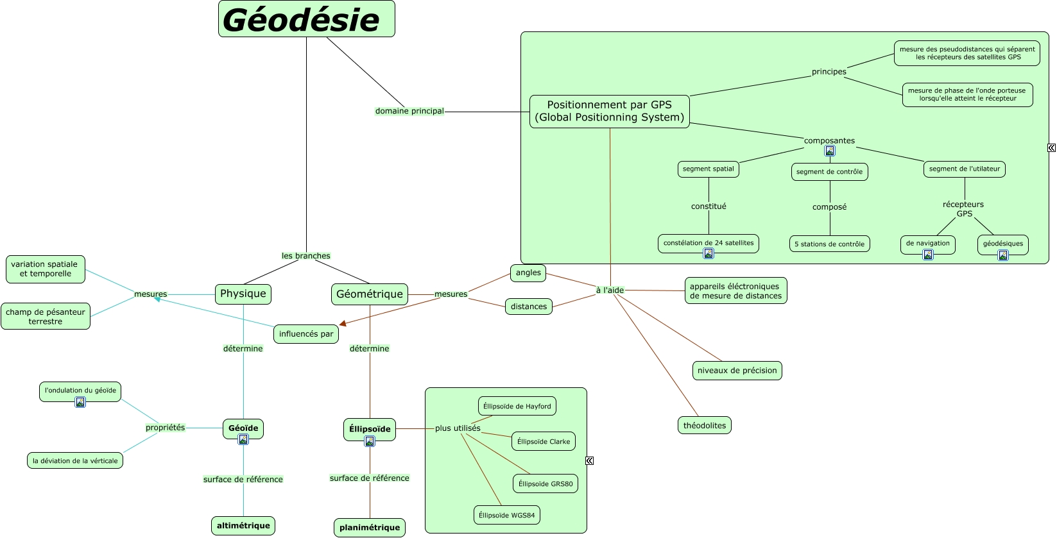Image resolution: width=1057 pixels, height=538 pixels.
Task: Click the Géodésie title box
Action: pyautogui.click(x=306, y=19)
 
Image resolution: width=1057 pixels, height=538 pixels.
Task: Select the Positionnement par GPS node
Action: pyautogui.click(x=609, y=112)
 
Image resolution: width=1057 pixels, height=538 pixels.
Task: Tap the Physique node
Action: pyautogui.click(x=243, y=294)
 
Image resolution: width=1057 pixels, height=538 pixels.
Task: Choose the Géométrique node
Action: pyautogui.click(x=369, y=294)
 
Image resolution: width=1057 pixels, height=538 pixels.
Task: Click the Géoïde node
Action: pyautogui.click(x=243, y=428)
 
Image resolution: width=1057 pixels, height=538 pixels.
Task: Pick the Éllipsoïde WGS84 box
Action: pyautogui.click(x=506, y=515)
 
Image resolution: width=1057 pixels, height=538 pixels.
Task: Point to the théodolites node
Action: pyautogui.click(x=704, y=425)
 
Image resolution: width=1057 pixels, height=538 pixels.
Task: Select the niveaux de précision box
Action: pyautogui.click(x=737, y=371)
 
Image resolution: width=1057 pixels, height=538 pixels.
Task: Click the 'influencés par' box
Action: pyautogui.click(x=306, y=334)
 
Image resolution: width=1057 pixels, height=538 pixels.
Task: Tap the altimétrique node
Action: pyautogui.click(x=243, y=526)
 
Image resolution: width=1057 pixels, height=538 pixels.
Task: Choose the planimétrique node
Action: pyautogui.click(x=369, y=528)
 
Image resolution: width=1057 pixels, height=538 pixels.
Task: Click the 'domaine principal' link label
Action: pyautogui.click(x=409, y=111)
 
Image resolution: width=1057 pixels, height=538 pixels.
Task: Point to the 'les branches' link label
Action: pyautogui.click(x=305, y=256)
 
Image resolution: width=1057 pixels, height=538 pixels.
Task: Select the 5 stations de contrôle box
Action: pyautogui.click(x=829, y=244)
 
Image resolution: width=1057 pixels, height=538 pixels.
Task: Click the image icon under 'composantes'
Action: pyautogui.click(x=830, y=151)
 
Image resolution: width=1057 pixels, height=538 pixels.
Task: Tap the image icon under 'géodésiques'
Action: pyautogui.click(x=1003, y=255)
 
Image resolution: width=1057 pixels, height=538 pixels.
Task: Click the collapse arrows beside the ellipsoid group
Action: pyautogui.click(x=589, y=460)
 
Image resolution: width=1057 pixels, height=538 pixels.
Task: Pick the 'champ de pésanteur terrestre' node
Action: pyautogui.click(x=46, y=316)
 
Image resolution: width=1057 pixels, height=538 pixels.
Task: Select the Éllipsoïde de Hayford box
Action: pyautogui.click(x=517, y=406)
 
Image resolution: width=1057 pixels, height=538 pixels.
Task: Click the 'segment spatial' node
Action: pyautogui.click(x=708, y=169)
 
